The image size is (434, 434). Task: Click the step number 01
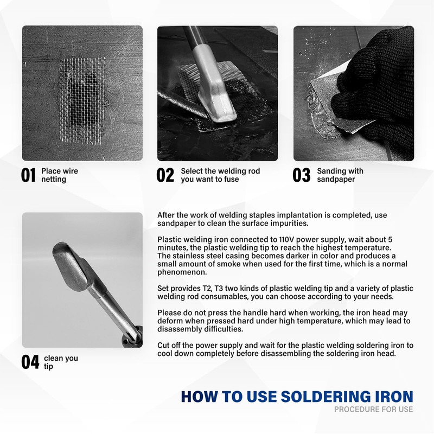click(28, 175)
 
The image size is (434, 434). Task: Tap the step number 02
click(165, 175)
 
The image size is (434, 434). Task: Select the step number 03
click(302, 175)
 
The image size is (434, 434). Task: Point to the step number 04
click(30, 362)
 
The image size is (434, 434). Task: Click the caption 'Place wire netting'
click(60, 175)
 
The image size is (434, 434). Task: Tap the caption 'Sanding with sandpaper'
click(340, 175)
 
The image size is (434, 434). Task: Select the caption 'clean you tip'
click(61, 362)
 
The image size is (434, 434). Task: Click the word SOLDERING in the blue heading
click(325, 397)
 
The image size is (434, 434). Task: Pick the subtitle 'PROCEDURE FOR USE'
click(373, 409)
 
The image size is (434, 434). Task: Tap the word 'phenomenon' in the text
click(182, 272)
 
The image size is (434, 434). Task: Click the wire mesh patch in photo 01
click(82, 100)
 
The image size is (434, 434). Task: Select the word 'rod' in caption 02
click(254, 171)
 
